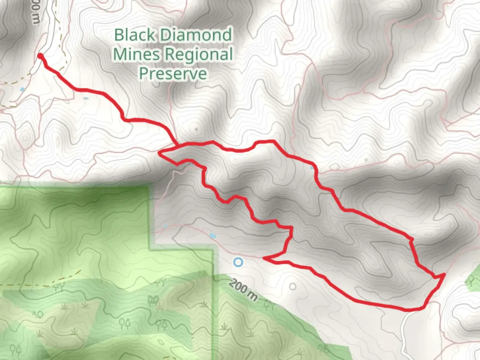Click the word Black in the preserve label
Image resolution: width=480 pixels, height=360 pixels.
coord(135,35)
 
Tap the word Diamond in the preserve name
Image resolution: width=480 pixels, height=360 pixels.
coord(196,35)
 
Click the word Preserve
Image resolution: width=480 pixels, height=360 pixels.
coord(173,74)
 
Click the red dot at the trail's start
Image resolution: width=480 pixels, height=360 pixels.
coord(40,56)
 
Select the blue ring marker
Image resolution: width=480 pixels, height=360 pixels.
coord(238,262)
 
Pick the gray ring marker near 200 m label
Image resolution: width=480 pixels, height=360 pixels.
coord(293,286)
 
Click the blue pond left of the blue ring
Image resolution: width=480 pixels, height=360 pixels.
coord(212,236)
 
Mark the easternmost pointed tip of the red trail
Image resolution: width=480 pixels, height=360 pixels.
coord(444,274)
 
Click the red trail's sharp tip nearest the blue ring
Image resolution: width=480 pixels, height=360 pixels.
coord(264,258)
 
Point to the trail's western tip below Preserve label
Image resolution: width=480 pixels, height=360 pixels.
coord(160,153)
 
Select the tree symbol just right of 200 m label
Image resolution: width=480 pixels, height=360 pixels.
coord(268,304)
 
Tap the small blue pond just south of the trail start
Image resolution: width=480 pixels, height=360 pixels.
coord(22,89)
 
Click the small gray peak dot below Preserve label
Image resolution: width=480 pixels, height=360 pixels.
coord(196,129)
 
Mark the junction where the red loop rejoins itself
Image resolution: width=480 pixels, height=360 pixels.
coord(177,146)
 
